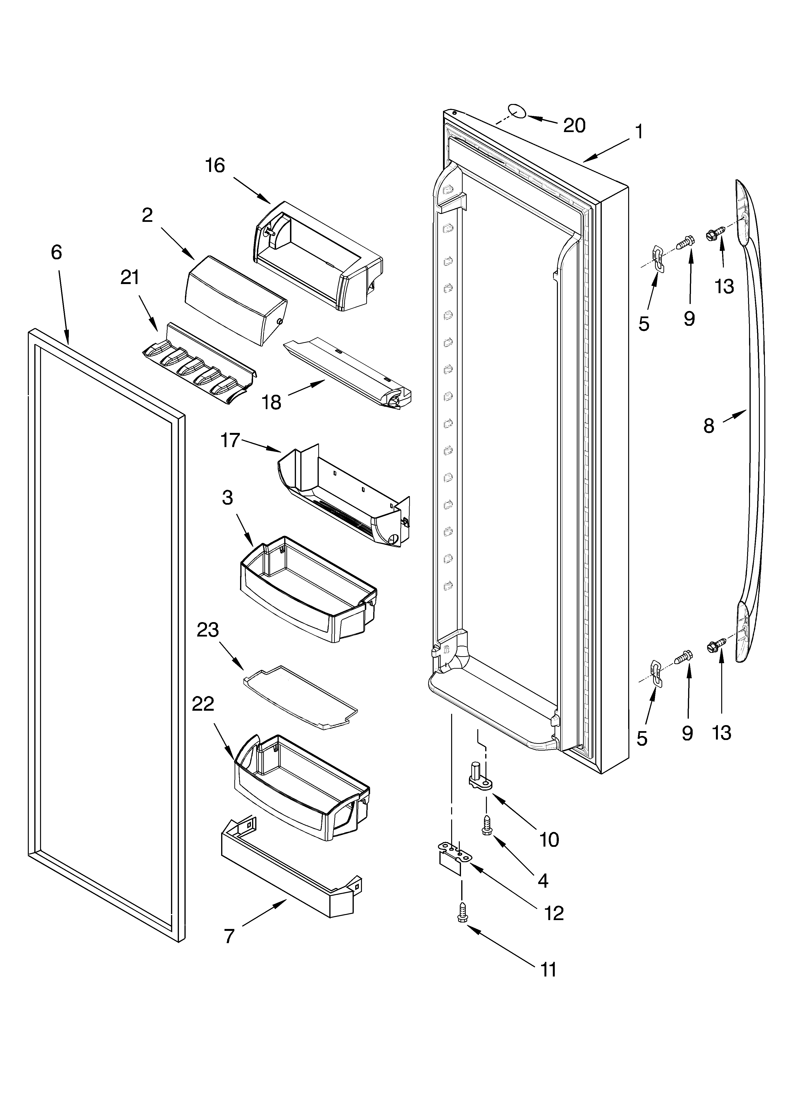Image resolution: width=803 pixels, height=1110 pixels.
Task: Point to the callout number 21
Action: (130, 278)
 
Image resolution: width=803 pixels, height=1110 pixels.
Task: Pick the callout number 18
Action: (272, 402)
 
